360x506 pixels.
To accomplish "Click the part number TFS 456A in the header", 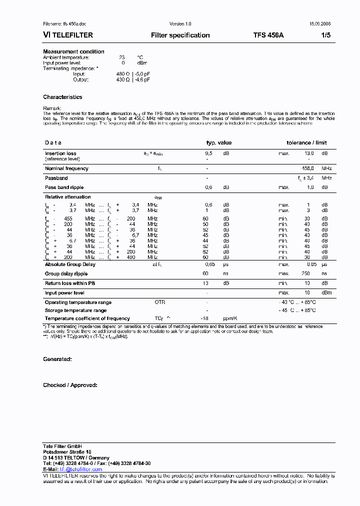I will tap(268, 35).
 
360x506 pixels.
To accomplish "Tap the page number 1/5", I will tap(325, 35).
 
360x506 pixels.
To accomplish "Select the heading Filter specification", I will tap(180, 35).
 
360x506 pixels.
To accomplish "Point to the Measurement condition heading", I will tap(73, 51).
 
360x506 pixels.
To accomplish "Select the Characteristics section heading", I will tap(62, 97).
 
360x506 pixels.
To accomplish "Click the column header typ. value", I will tap(219, 143).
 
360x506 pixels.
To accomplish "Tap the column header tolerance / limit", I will tap(306, 143).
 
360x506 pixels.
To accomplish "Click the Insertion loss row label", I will tap(60, 153).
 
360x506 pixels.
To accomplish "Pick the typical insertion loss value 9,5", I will tap(208, 153).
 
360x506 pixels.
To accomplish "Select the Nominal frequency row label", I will tap(66, 168).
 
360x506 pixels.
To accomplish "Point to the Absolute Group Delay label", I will tap(70, 264).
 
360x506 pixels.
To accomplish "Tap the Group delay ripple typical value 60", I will tap(205, 273).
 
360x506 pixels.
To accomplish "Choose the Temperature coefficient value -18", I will tap(204, 318).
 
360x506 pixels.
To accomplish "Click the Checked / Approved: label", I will tap(70, 385).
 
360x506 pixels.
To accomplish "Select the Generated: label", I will tap(57, 359).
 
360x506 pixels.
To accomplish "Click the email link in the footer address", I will tap(80, 469).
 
